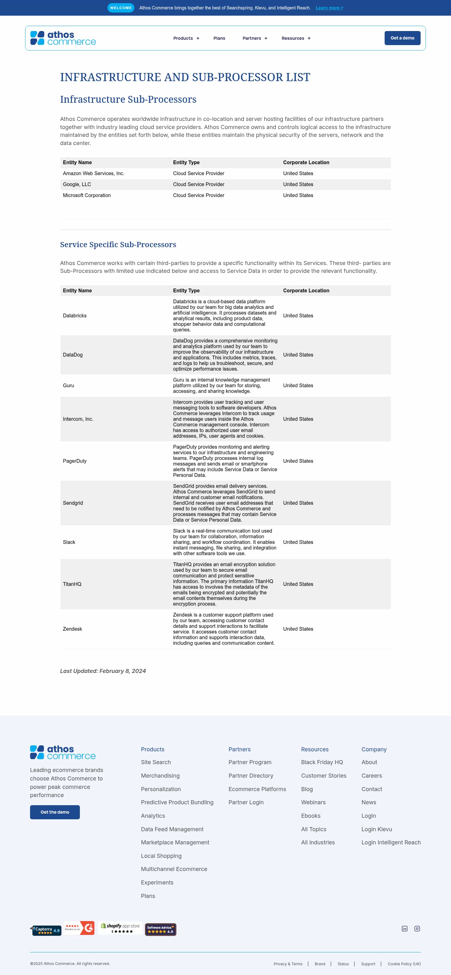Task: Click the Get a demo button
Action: coord(402,38)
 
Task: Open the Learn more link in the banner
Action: coord(329,8)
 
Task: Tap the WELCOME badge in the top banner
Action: coord(121,8)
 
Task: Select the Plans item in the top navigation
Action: coord(219,38)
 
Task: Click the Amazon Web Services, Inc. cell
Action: coord(93,173)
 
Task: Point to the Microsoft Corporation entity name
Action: coord(87,195)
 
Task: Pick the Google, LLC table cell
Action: coord(77,184)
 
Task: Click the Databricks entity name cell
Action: coord(75,316)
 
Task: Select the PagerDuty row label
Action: coord(75,461)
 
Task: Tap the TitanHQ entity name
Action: coord(72,584)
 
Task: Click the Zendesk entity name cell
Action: coord(72,629)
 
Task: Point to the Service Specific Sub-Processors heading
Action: coord(118,244)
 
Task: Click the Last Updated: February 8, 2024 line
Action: coord(103,671)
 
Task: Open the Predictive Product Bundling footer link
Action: coord(177,802)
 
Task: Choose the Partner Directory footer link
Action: coord(251,775)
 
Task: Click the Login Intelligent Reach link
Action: coord(391,842)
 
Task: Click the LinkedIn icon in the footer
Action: coord(404,928)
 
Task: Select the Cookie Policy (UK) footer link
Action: coord(404,964)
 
